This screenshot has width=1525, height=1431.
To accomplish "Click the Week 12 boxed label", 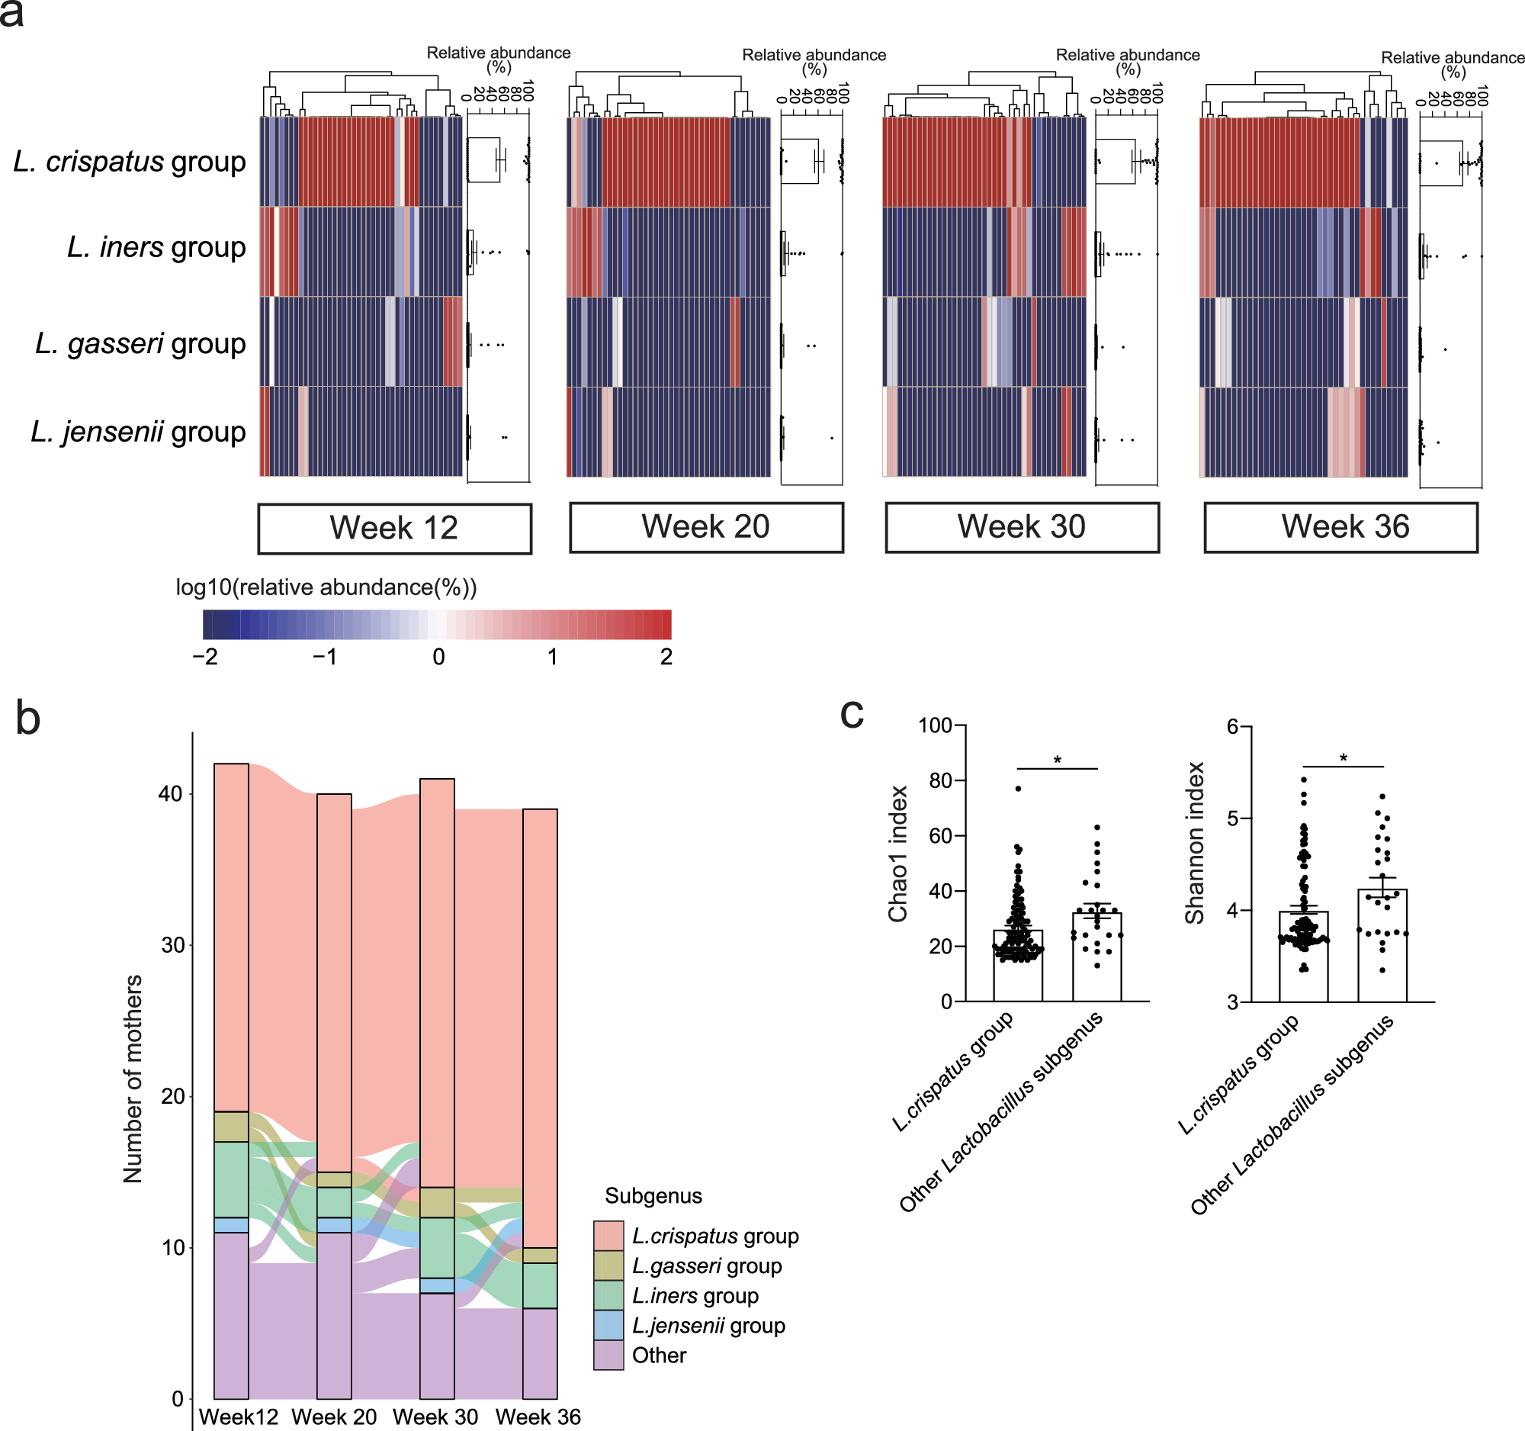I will pyautogui.click(x=394, y=528).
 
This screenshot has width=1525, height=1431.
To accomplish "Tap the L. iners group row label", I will pyautogui.click(x=156, y=247).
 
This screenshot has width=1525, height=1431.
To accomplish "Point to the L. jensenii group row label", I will pyautogui.click(x=138, y=431).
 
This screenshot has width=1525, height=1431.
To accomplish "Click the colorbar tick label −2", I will pyautogui.click(x=205, y=657).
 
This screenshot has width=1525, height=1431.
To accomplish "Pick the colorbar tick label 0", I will pyautogui.click(x=438, y=657).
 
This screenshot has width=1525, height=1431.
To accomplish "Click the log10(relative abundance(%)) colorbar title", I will pyautogui.click(x=326, y=587).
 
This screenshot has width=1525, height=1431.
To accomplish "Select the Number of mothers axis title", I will pyautogui.click(x=133, y=1079).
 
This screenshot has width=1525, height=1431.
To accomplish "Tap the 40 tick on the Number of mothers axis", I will pyautogui.click(x=170, y=793).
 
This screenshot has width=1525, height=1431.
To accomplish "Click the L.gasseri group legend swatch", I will pyautogui.click(x=608, y=1265).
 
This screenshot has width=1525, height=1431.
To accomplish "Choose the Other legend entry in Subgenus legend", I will pyautogui.click(x=658, y=1355).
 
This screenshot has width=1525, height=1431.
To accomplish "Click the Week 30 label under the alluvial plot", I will pyautogui.click(x=435, y=1417).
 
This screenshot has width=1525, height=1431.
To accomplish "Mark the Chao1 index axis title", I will pyautogui.click(x=898, y=854).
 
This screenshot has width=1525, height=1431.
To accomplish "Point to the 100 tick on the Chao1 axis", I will pyautogui.click(x=934, y=725).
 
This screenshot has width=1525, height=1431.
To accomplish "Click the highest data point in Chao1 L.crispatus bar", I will pyautogui.click(x=1018, y=789).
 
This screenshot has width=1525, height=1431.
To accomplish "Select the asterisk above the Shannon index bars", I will pyautogui.click(x=1344, y=758).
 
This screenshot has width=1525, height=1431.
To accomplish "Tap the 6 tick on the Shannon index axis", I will pyautogui.click(x=1234, y=726).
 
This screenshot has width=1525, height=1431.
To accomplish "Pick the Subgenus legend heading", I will pyautogui.click(x=653, y=1195).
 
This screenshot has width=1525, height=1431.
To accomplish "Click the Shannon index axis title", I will pyautogui.click(x=1194, y=842).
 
